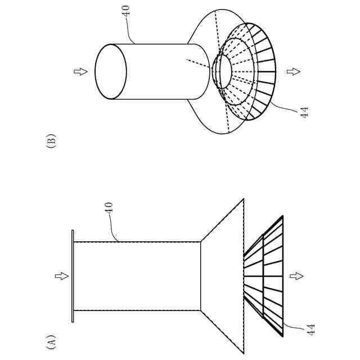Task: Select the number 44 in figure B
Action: pos(304,111)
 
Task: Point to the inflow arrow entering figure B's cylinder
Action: pos(80,71)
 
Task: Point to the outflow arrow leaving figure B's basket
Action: pos(292,71)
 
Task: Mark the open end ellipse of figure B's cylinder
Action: pos(110,71)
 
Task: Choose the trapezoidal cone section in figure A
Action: pos(222,276)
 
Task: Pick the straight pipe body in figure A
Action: pos(138,276)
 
